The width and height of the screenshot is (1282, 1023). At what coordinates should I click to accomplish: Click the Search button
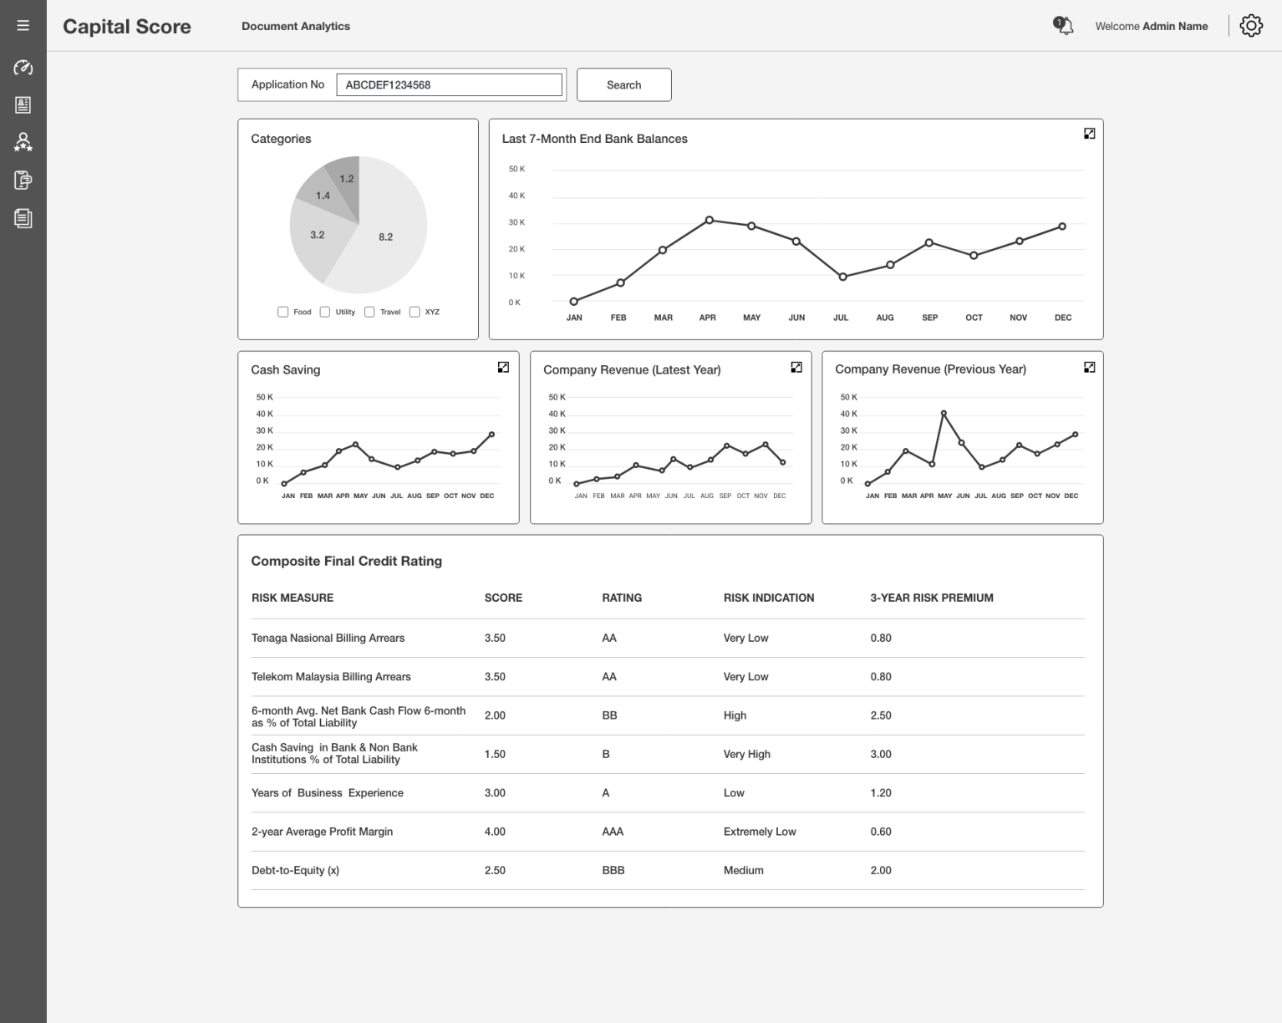point(623,84)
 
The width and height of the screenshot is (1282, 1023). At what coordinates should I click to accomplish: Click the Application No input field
point(449,84)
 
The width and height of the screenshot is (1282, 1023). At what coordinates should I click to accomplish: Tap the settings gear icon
point(1250,26)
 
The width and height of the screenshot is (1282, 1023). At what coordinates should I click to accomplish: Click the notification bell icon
point(1064,26)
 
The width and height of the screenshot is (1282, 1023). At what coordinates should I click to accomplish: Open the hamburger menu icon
point(23,26)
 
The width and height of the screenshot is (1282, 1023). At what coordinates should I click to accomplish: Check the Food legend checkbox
point(283,312)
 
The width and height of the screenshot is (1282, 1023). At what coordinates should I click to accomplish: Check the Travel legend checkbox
point(369,312)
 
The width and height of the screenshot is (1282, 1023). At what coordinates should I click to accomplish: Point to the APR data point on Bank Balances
point(709,220)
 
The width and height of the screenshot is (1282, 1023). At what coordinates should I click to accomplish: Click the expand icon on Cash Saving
point(503,367)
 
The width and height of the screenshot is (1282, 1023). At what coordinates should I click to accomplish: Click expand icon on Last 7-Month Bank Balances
point(1089,134)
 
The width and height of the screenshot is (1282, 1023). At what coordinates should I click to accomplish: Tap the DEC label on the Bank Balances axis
point(1062,318)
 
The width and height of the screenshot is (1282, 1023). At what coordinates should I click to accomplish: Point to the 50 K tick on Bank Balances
point(516,169)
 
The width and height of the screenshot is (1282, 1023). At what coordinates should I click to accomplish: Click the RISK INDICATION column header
point(768,598)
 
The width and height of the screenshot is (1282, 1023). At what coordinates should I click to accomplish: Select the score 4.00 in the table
point(495,832)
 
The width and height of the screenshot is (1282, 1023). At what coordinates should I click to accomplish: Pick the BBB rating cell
point(613,870)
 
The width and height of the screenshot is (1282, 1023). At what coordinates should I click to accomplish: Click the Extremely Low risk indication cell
point(759,832)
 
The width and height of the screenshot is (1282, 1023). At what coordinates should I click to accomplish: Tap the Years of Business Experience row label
point(327,792)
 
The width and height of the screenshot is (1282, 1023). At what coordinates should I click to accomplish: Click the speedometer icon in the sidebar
point(23,68)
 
